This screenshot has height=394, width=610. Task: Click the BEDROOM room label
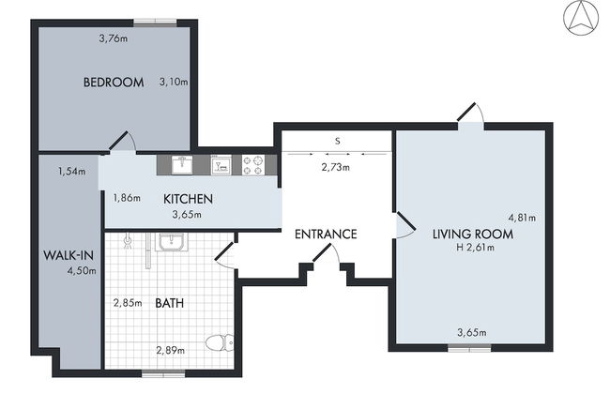pos(114,83)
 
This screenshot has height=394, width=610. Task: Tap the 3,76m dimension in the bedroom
pos(114,38)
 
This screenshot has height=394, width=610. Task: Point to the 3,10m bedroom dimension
pos(174,82)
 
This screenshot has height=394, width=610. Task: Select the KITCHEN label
pos(188,199)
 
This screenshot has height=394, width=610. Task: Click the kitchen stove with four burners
pos(253,165)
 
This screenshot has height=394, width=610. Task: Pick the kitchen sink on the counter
pos(182,165)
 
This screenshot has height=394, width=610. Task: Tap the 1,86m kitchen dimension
pos(127,198)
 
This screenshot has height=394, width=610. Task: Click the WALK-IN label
pos(69,255)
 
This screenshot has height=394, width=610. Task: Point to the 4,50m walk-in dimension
pos(82,271)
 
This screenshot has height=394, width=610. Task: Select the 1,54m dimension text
pos(72,171)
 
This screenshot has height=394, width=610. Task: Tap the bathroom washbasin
pos(173,242)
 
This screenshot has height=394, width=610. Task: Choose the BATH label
pos(170,303)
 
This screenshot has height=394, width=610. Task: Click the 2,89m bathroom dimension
pos(171,351)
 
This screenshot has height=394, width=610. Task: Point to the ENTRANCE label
pos(326,235)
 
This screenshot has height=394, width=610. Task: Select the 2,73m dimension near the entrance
pos(335,167)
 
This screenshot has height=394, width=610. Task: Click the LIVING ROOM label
pos(473,235)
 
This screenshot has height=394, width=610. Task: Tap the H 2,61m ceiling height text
pos(476,248)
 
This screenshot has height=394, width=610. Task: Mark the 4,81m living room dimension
pos(522,218)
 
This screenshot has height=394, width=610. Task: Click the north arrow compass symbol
pos(581,18)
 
